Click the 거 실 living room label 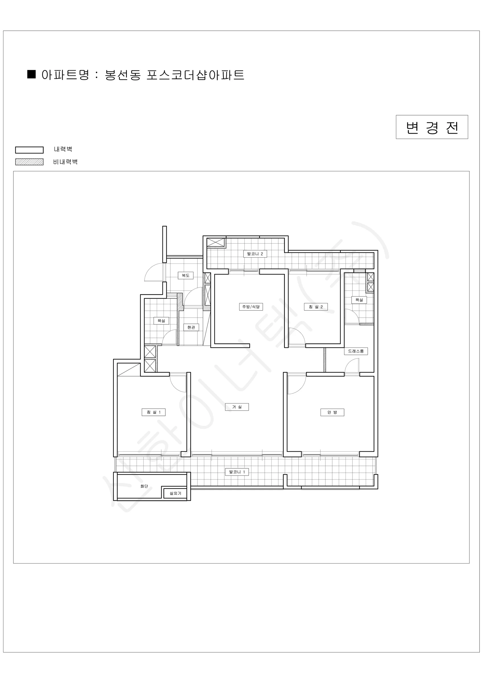pyautogui.click(x=236, y=407)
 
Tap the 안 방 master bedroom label pyautogui.click(x=332, y=412)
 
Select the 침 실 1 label pyautogui.click(x=154, y=412)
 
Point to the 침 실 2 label pyautogui.click(x=315, y=307)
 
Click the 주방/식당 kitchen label pyautogui.click(x=251, y=307)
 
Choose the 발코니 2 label pyautogui.click(x=255, y=254)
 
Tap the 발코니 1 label pyautogui.click(x=237, y=472)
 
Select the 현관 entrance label pyautogui.click(x=191, y=327)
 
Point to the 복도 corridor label pyautogui.click(x=185, y=275)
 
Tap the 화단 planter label pyautogui.click(x=144, y=486)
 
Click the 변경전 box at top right pyautogui.click(x=432, y=127)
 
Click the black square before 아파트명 pyautogui.click(x=32, y=74)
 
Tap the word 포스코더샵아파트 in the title pyautogui.click(x=195, y=75)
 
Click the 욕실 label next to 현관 pyautogui.click(x=161, y=321)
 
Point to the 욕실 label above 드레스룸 pyautogui.click(x=359, y=300)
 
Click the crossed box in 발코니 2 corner pyautogui.click(x=215, y=242)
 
